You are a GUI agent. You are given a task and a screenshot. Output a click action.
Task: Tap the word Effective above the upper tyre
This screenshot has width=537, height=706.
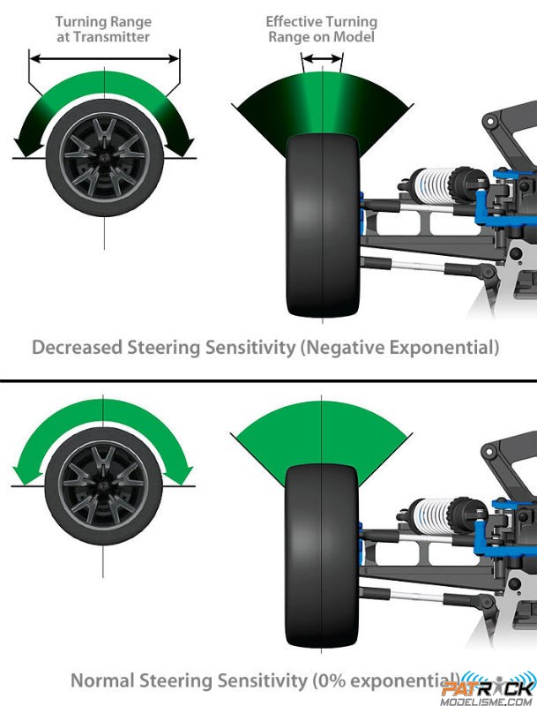[x=294, y=21]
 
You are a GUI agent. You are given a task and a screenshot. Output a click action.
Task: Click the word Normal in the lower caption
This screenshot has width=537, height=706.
[x=102, y=680]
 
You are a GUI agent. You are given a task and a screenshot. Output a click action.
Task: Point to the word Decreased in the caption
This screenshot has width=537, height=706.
[x=77, y=348]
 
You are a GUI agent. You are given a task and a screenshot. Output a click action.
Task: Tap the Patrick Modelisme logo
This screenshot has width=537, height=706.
[x=489, y=691]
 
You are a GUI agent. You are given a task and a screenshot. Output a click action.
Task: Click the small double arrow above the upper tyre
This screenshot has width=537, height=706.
[x=323, y=58]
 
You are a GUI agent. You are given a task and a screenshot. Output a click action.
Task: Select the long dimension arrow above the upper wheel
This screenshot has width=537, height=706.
[x=104, y=58]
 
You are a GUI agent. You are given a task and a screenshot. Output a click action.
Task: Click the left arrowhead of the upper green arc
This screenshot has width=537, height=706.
[x=24, y=147]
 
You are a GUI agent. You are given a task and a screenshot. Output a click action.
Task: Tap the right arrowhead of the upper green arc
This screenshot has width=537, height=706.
[x=183, y=147]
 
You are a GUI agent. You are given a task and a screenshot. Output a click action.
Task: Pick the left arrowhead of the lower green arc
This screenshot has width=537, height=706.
[x=24, y=476]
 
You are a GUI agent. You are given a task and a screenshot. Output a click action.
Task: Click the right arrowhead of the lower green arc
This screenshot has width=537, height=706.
[x=183, y=476]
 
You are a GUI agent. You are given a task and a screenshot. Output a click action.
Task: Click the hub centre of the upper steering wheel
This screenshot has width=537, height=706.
[x=104, y=158]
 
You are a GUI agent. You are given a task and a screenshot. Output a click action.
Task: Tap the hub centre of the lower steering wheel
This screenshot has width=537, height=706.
[x=103, y=486]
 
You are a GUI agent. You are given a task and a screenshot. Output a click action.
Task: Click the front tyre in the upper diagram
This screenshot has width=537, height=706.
[x=323, y=225]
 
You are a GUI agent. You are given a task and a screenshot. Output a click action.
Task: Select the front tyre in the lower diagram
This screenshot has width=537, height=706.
[x=322, y=556]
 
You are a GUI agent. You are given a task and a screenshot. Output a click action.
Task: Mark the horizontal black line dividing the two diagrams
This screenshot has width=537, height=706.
[x=268, y=381]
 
